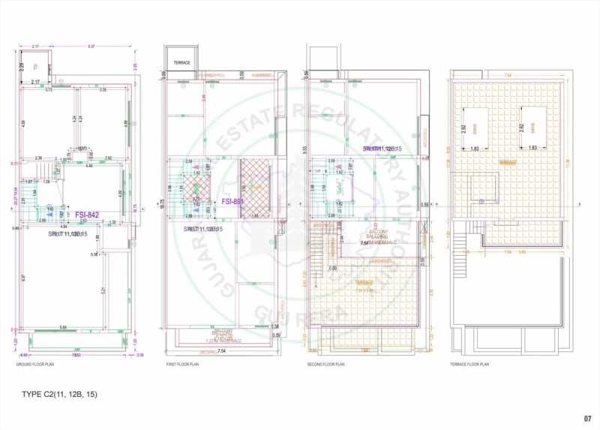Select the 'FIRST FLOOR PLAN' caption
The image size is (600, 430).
pyautogui.click(x=182, y=364)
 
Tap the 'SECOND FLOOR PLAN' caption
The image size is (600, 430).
pyautogui.click(x=326, y=364)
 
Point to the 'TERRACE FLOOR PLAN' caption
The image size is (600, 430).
pyautogui.click(x=469, y=364)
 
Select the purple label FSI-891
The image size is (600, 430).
pyautogui.click(x=232, y=201)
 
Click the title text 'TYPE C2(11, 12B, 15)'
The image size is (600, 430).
pyautogui.click(x=61, y=394)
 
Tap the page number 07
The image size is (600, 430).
pyautogui.click(x=587, y=419)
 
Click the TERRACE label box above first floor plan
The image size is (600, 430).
pyautogui.click(x=181, y=62)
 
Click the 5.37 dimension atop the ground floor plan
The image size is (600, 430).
pyautogui.click(x=91, y=47)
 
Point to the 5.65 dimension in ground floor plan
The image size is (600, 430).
pyautogui.click(x=64, y=327)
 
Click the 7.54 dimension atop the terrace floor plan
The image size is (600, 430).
pyautogui.click(x=506, y=75)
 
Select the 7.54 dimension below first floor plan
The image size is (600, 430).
pyautogui.click(x=220, y=350)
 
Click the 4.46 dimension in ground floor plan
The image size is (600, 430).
pyautogui.click(x=88, y=165)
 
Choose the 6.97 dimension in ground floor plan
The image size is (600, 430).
pyautogui.click(x=23, y=278)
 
